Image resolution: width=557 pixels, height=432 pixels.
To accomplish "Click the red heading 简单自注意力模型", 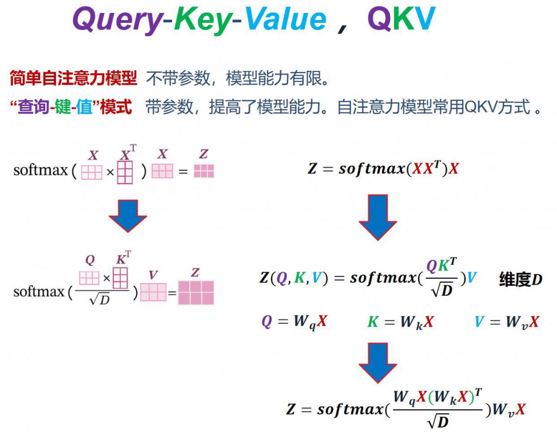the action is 73,79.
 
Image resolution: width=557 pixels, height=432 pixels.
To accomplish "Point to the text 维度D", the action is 521,280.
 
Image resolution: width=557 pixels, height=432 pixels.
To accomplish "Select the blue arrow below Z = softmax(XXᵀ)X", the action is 377,216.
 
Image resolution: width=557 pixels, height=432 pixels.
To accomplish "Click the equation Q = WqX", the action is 294,322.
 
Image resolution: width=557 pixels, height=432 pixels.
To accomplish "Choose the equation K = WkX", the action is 400,322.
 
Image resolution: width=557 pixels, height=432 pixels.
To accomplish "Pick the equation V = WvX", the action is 506,322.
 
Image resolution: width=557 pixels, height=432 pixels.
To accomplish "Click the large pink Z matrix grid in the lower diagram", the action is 196,292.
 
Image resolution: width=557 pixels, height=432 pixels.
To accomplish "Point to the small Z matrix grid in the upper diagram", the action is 204,171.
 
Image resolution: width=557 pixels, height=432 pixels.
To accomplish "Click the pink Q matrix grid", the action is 89,278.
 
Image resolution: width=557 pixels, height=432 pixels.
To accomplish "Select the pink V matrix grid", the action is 153,292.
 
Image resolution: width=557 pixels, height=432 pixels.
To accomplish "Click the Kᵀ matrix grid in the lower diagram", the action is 120,278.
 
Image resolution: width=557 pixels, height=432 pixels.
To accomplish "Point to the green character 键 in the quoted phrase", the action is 64,107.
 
